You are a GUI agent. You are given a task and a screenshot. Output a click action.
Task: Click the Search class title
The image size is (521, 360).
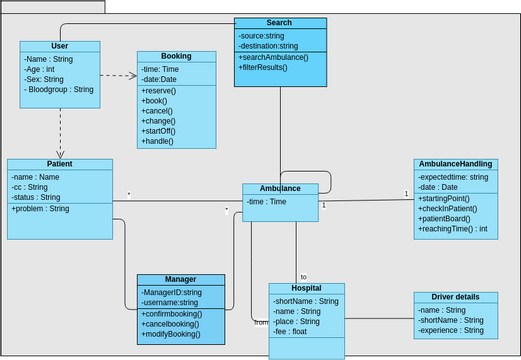280,22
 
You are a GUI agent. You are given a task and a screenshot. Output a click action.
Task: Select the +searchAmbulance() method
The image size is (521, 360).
274,57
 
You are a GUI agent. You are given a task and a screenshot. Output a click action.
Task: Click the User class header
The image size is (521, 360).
59,46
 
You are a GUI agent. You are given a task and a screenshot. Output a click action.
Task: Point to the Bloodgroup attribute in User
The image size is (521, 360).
59,90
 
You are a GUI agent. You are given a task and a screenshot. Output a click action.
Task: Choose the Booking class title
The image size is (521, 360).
176,56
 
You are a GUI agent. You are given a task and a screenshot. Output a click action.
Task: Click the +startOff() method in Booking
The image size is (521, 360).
159,131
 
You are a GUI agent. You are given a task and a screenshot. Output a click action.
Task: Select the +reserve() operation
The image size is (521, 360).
159,91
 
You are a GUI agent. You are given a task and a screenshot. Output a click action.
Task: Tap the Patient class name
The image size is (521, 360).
59,164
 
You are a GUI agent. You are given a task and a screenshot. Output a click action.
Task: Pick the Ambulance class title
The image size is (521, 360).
280,188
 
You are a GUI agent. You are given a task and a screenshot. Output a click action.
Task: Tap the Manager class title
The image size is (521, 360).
181,279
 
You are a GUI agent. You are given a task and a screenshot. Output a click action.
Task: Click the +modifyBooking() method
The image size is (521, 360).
171,334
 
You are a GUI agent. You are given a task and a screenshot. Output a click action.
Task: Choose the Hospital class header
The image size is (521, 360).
306,288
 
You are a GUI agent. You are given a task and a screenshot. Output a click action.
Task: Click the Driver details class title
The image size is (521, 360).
454,297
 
